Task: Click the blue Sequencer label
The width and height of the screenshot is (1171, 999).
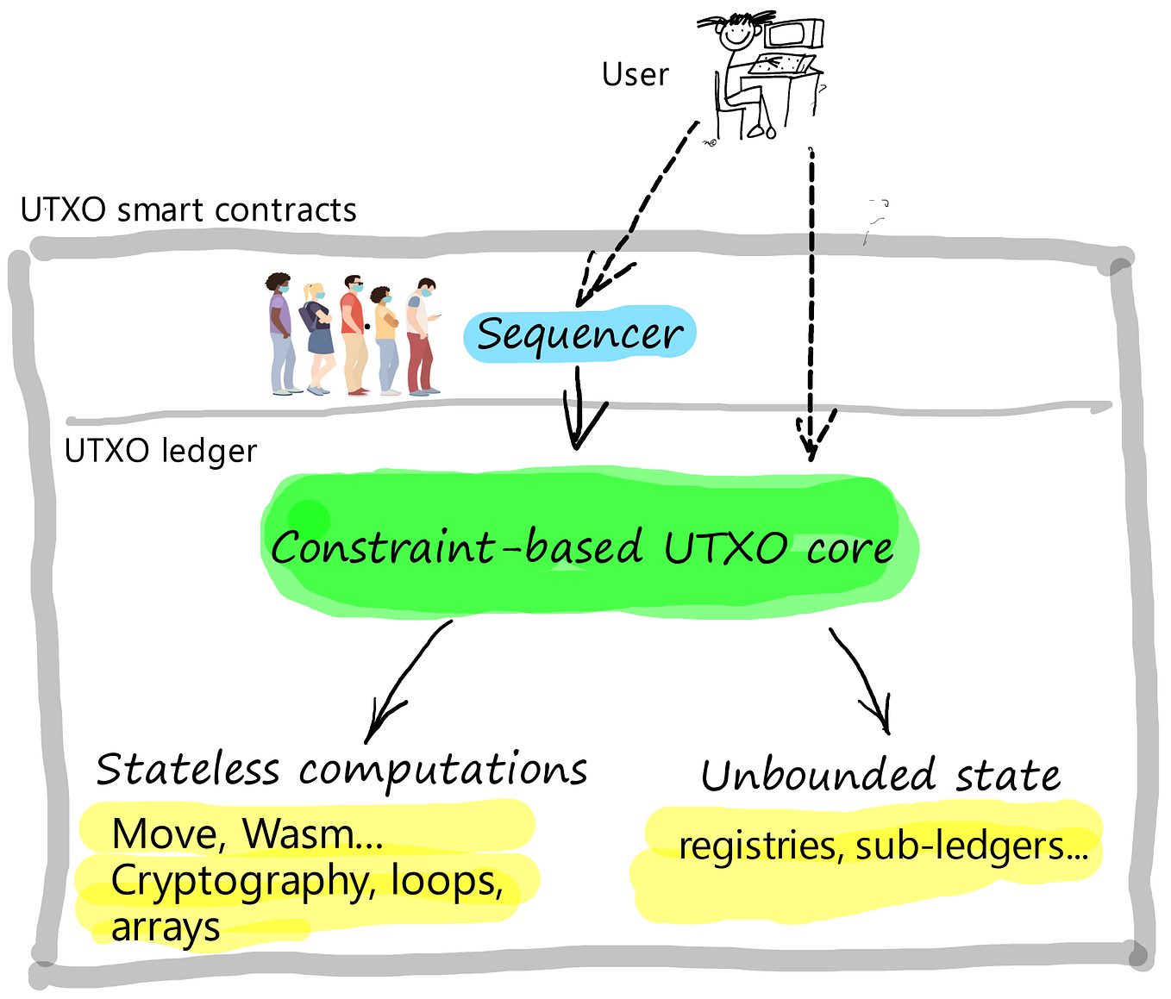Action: [579, 334]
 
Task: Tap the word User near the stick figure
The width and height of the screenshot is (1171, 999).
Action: [635, 75]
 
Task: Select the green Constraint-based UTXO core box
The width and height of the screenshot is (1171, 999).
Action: [586, 546]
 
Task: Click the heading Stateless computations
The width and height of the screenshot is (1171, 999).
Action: [341, 769]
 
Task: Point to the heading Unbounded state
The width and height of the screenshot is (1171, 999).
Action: [880, 775]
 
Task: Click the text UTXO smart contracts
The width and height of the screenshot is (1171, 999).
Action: [188, 210]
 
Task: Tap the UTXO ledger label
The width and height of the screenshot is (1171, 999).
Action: [161, 451]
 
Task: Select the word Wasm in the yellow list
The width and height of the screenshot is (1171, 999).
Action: [298, 834]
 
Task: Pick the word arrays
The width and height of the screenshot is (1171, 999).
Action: [166, 927]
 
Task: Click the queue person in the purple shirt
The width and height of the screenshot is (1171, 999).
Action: [280, 332]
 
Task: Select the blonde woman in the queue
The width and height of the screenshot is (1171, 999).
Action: [317, 336]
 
